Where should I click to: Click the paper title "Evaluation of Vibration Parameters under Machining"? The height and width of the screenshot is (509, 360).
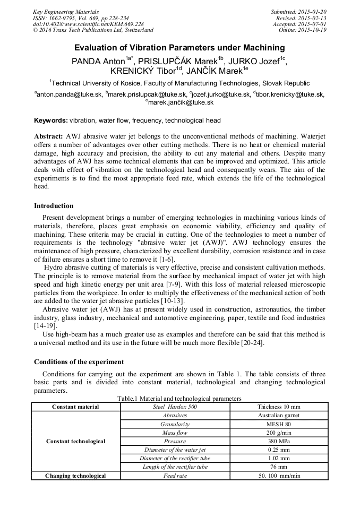coord(179,47)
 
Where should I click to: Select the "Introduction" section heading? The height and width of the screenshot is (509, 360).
coord(54,206)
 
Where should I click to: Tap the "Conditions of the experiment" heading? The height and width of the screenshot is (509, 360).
coord(79,362)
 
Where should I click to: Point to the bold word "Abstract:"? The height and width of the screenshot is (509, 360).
coord(49,136)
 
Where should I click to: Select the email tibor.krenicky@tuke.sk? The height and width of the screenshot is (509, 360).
coord(290,94)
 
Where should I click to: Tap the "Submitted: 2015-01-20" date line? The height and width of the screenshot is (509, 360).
coord(298,12)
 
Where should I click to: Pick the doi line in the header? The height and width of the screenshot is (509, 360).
coord(88,24)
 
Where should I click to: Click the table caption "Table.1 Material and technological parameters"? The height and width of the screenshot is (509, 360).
coord(179,399)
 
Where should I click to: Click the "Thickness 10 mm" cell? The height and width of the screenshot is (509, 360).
coord(279,407)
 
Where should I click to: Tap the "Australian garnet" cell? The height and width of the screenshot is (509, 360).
coord(279,416)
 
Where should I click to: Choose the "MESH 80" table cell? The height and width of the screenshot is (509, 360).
coord(279,424)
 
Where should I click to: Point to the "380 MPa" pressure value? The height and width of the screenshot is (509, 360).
coord(279,441)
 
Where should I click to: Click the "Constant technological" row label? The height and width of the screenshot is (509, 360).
coord(76,441)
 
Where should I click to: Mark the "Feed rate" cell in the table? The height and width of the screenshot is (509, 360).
coord(175,476)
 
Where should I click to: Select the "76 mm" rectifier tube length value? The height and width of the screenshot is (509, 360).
coord(279,467)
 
